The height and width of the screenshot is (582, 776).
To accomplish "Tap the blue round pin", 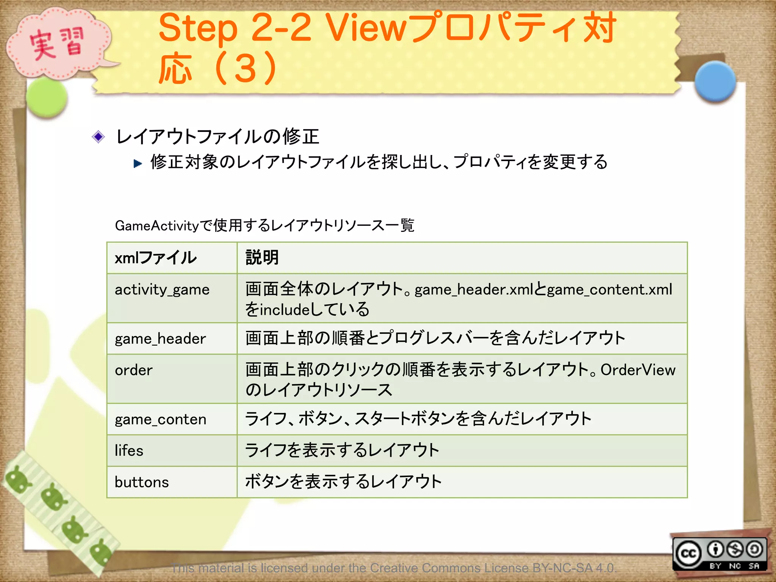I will pos(715,81).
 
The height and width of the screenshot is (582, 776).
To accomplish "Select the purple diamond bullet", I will pos(99,137).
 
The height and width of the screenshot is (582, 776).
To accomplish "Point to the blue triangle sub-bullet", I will pos(138,164).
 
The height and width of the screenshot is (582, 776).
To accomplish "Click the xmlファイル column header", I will pos(156,258).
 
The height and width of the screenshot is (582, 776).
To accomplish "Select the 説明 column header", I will pos(262,258).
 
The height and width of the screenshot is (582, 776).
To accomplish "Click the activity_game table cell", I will pos(162,290).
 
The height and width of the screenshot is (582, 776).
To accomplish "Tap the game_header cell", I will pos(160,339).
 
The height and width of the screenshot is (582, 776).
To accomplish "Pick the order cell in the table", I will pos(134,370).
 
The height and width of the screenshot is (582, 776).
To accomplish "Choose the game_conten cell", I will pos(161,419).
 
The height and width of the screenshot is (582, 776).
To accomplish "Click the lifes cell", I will pos(129,451).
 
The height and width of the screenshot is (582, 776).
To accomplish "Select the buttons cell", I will pos(142,482).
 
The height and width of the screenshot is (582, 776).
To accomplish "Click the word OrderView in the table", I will pos(638,370).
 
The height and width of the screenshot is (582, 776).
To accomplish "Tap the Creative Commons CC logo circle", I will pos(688,554).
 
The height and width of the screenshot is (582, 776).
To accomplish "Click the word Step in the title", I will pos(198,28).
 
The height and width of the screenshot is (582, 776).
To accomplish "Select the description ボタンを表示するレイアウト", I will pos(343,482).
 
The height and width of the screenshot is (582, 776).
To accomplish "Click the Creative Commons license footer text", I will pos(394,568).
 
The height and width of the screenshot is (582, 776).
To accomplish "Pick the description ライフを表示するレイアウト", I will pos(342,451).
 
